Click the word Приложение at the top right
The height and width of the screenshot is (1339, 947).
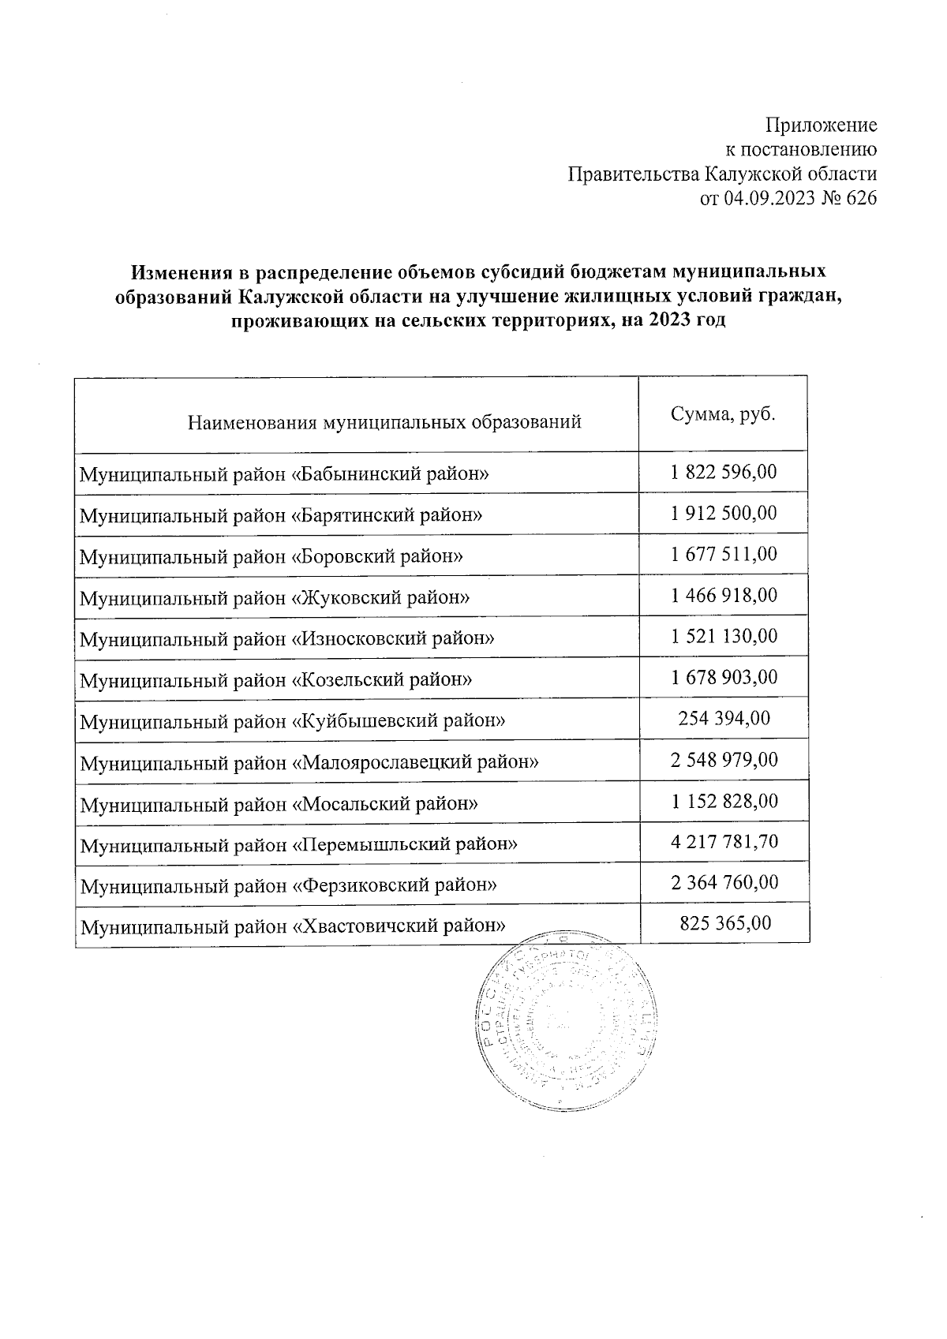point(822,125)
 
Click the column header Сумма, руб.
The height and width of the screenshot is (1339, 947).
point(723,414)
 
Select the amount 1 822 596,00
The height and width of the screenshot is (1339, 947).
point(724,473)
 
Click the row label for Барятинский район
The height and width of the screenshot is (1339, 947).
point(281,515)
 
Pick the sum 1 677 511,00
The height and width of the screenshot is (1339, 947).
point(724,555)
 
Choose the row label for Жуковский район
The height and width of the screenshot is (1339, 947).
point(275,597)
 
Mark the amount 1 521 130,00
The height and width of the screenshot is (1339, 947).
point(724,637)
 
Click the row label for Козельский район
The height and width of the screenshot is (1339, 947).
point(276,679)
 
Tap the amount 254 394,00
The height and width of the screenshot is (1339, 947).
point(724,719)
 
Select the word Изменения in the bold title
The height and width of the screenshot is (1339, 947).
point(183,272)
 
